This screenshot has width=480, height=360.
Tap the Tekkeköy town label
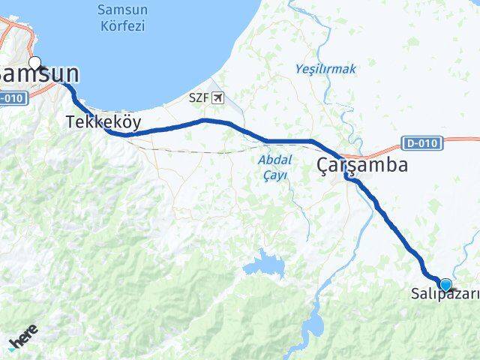103,121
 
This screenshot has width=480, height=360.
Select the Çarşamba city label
362,165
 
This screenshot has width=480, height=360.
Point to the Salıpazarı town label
444,295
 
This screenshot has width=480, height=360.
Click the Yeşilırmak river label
325,69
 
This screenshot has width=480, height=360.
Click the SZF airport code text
199,97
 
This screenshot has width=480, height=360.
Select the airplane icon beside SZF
217,97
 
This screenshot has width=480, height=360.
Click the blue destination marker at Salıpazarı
446,284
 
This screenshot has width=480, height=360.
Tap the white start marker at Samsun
34,64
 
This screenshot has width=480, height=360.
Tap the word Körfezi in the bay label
121,26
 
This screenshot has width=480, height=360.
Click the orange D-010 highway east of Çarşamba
457,139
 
